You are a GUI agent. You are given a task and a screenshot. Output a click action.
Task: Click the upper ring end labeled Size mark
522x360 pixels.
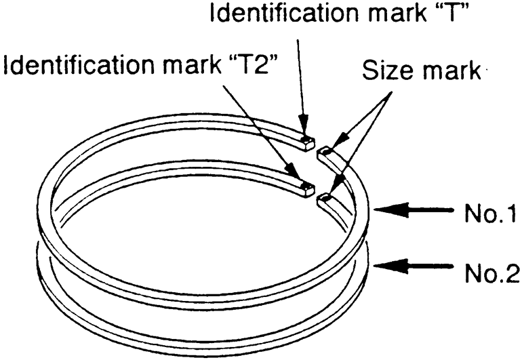click(x=325, y=153)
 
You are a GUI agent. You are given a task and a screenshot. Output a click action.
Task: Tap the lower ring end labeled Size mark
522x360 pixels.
click(x=325, y=197)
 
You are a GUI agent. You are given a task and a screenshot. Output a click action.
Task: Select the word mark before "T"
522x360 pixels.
click(x=388, y=13)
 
